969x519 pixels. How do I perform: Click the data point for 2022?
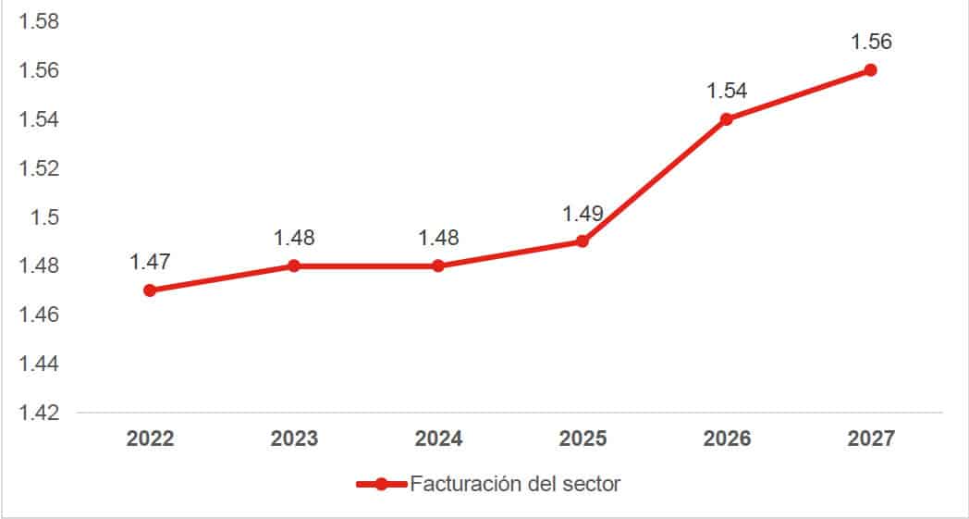150,290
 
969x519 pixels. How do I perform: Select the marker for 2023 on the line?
294,266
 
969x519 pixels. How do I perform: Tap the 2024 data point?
438,266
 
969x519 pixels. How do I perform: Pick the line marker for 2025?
583,241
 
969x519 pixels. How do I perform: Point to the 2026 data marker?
726,119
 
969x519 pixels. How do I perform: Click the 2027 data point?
870,70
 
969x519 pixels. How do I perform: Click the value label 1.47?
150,262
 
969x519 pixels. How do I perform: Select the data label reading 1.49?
583,214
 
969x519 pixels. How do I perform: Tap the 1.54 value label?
727,91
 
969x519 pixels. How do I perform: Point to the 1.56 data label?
871,42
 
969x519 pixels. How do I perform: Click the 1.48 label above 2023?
294,238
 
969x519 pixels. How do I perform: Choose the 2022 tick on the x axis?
150,439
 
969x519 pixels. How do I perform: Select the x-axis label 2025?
583,439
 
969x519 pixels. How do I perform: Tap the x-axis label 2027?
871,439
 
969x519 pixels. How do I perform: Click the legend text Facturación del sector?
515,484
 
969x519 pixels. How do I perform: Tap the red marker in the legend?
381,484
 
